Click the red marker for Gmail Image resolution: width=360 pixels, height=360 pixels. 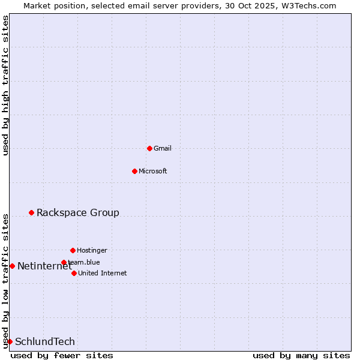point(149,148)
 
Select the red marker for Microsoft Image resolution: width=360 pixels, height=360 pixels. point(134,171)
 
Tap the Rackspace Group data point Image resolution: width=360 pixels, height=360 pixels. point(31,212)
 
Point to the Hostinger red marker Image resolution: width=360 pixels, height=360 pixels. point(73,250)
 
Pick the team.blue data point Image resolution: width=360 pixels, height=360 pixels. point(64,262)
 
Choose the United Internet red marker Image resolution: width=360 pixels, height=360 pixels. point(74,273)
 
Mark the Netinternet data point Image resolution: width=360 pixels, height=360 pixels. point(12,266)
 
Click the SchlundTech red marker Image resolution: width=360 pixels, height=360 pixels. point(10,341)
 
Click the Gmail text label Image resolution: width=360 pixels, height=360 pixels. point(163,148)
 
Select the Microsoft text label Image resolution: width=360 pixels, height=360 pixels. point(153,171)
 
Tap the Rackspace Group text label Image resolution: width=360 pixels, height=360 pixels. point(78,212)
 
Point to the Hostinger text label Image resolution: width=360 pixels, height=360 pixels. point(92,250)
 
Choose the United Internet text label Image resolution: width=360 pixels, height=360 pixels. point(103,273)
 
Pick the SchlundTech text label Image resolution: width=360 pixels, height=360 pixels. point(45,341)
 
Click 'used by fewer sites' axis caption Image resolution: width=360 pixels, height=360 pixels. point(62,355)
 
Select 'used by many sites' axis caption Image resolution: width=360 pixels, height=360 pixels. point(301,355)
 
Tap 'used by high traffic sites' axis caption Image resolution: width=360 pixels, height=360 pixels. point(5,85)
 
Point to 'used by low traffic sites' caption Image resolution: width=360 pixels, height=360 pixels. point(5,281)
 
